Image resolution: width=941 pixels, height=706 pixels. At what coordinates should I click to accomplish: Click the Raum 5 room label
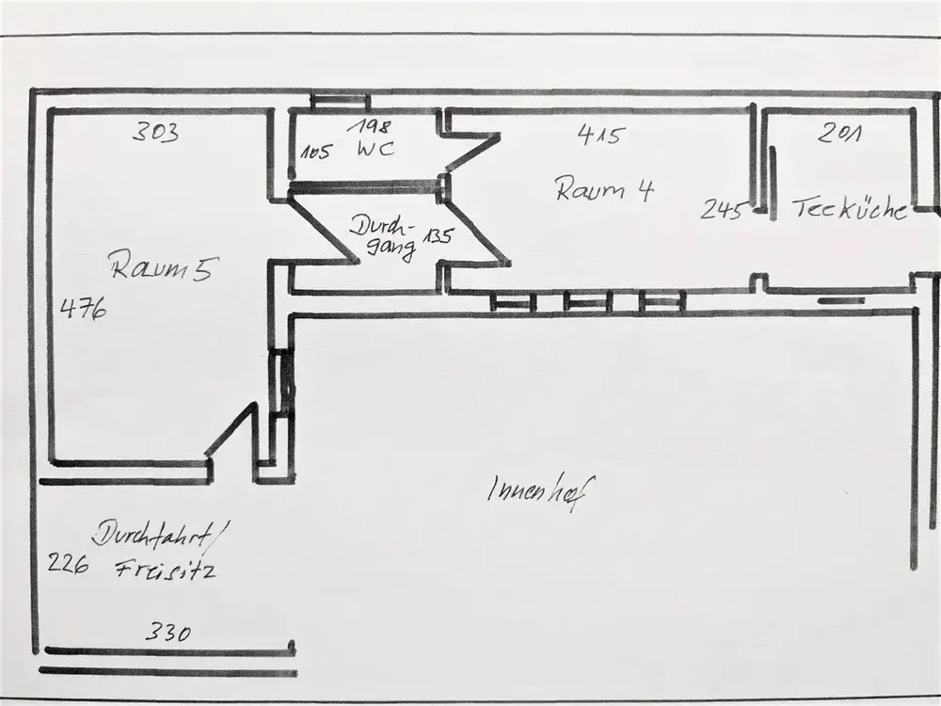pos(166,267)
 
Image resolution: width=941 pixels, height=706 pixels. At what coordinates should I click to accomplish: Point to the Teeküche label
pos(849,209)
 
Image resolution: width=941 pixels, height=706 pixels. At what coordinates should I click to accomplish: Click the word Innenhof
pos(543,489)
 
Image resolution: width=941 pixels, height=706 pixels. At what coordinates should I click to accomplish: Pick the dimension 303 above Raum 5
pos(155,133)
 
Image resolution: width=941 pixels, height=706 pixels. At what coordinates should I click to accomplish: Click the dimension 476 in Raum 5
pos(83,308)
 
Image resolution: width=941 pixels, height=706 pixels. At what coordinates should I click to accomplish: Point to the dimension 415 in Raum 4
pos(599,135)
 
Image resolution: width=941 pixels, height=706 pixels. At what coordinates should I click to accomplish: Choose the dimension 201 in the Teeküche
pos(840,135)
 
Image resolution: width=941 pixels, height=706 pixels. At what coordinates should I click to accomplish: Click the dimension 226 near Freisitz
pos(68,564)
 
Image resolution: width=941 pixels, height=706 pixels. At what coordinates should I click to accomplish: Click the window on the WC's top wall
pos(339,100)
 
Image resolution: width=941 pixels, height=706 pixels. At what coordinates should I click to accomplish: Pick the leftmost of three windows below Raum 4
pos(514,302)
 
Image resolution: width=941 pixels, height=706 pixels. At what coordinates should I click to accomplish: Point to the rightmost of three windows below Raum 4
pos(661,302)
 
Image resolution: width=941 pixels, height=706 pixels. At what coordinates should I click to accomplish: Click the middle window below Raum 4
pos(588,302)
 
